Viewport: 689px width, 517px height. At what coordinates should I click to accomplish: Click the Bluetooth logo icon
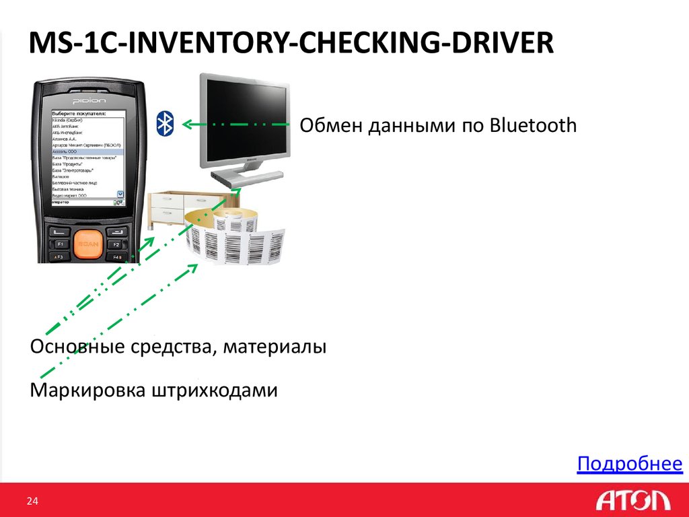click(x=165, y=123)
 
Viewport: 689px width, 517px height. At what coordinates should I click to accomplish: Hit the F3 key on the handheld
click(x=59, y=257)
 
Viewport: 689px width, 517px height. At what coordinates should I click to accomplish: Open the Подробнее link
click(x=630, y=464)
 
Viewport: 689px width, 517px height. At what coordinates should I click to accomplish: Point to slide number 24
click(x=32, y=501)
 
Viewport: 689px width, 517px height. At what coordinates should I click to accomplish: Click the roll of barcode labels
click(x=232, y=239)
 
